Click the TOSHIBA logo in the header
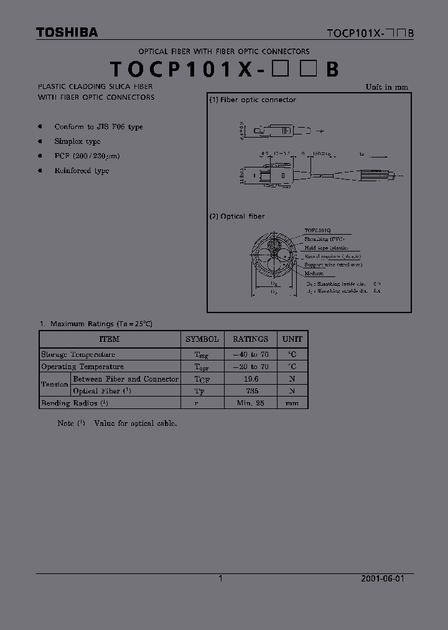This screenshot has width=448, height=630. tap(67, 32)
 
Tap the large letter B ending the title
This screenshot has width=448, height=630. tap(332, 69)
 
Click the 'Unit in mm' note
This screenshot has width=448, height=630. tap(386, 87)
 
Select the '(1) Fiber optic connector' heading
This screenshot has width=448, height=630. tap(253, 100)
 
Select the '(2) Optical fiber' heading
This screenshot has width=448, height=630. tap(237, 216)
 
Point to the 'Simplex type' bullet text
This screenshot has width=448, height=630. tap(77, 141)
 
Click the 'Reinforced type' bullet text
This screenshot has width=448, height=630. tap(82, 171)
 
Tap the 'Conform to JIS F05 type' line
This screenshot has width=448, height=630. tap(98, 126)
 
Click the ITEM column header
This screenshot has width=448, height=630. tap(110, 339)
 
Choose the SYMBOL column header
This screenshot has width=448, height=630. tap(202, 339)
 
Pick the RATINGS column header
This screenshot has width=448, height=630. tap(250, 339)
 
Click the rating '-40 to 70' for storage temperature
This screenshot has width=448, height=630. tap(250, 354)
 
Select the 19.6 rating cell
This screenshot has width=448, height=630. tap(250, 378)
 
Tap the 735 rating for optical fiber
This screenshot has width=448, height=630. tap(250, 391)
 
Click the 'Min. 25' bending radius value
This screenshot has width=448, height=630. tap(250, 403)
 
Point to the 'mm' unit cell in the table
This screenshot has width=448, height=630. tap(292, 403)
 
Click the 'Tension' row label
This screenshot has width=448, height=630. tap(55, 385)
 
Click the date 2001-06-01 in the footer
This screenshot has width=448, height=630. tap(383, 578)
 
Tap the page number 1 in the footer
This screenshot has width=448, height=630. tap(220, 578)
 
